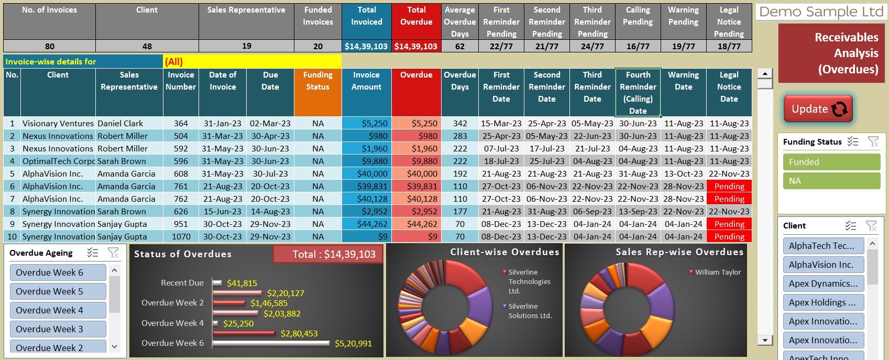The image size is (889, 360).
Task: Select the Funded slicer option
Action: [x=831, y=162]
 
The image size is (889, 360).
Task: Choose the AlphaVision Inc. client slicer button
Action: [x=823, y=265]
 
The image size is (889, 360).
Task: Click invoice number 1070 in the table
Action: [x=181, y=236]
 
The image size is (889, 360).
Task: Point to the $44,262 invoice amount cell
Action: [x=367, y=224]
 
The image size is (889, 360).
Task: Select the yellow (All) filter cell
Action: [x=251, y=61]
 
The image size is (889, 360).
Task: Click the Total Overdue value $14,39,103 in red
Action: [x=416, y=46]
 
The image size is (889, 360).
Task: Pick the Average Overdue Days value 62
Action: [x=459, y=46]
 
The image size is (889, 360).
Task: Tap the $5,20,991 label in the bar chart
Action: [x=353, y=344]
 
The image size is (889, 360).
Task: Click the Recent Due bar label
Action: [x=182, y=283]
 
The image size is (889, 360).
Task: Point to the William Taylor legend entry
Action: [x=718, y=272]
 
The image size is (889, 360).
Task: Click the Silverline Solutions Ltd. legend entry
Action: [x=530, y=311]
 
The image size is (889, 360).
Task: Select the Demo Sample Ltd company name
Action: [x=820, y=12]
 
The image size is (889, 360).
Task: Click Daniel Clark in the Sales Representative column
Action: [x=120, y=123]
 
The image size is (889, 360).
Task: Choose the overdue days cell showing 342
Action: [x=459, y=123]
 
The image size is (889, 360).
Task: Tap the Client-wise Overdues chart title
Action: [x=504, y=252]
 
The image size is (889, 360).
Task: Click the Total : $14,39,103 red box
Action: [x=328, y=254]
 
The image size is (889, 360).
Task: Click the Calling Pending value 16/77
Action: [x=638, y=46]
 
